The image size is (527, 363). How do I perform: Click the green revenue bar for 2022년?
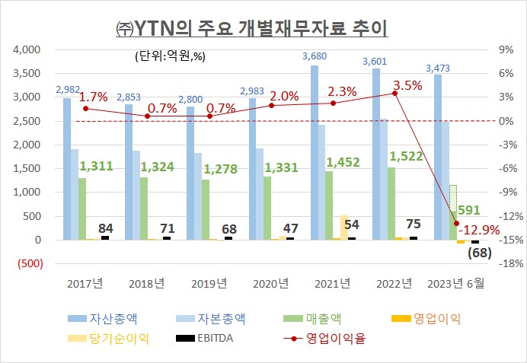tap(391, 203)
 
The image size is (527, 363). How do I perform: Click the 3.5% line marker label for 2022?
tap(407, 85)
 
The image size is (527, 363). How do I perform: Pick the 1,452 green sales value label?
tap(343, 161)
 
